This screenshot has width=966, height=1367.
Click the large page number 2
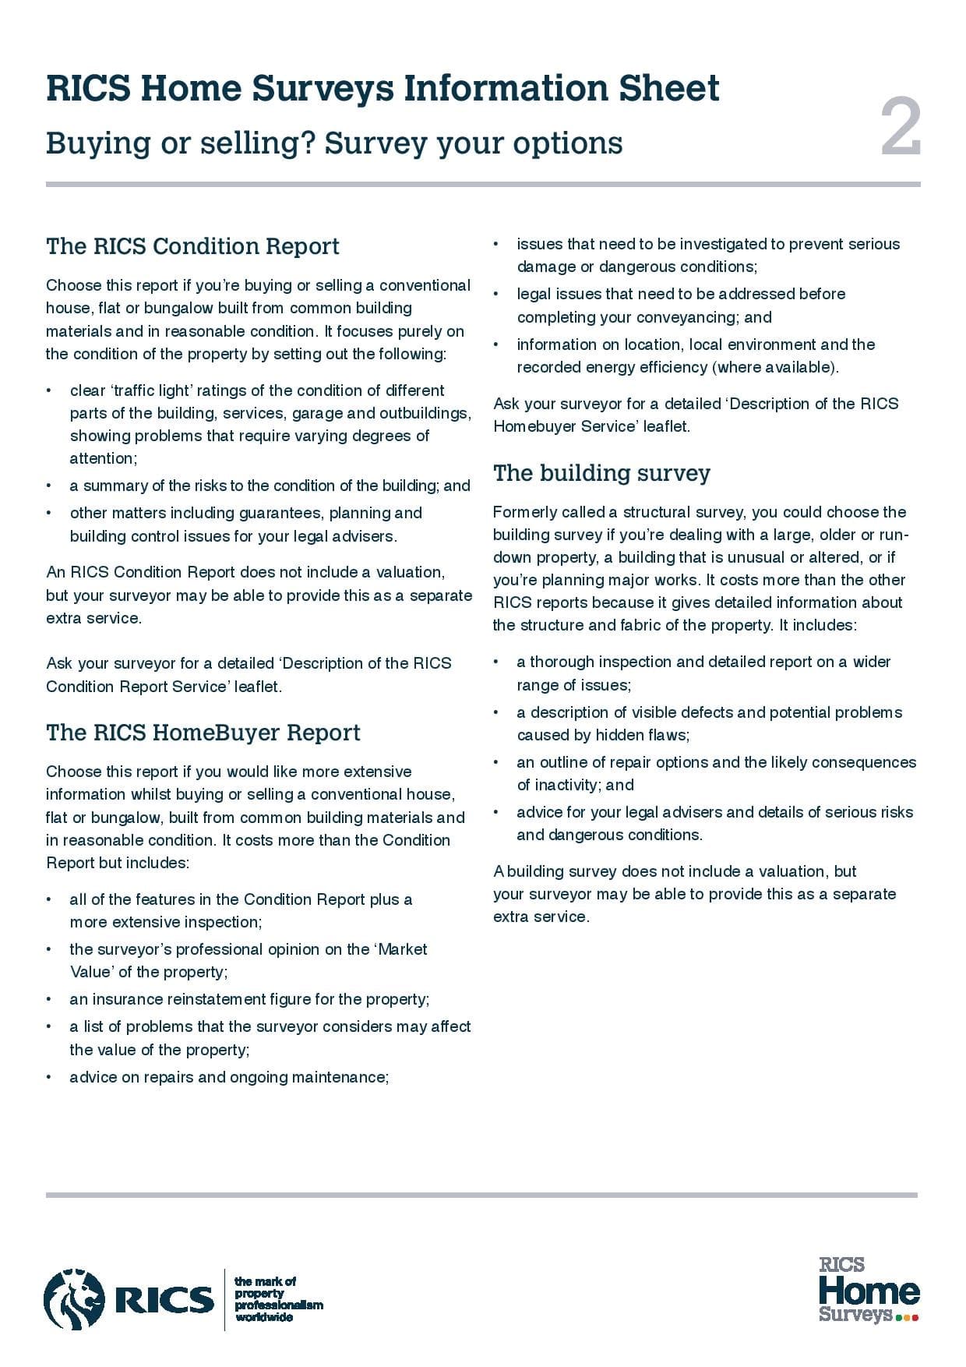901,128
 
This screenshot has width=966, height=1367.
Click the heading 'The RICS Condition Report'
192,246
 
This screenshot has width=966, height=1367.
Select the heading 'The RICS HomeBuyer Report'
203,733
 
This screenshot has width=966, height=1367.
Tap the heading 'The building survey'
601,473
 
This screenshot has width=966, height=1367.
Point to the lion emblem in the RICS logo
74,1298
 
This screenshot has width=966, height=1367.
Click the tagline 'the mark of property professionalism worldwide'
277,1298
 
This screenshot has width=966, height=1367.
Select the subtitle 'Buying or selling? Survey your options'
333,143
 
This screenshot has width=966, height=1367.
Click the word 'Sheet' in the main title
669,88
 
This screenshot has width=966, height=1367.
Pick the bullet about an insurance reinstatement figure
249,999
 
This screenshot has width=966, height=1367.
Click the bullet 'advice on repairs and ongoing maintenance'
229,1077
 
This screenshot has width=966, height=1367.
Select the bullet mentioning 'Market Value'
248,960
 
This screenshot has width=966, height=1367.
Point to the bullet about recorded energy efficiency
695,355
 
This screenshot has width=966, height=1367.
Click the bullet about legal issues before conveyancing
681,306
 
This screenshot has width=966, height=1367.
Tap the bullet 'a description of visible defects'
709,723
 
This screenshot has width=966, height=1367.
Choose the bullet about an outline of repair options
715,773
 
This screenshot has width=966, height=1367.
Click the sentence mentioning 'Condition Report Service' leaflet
249,675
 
